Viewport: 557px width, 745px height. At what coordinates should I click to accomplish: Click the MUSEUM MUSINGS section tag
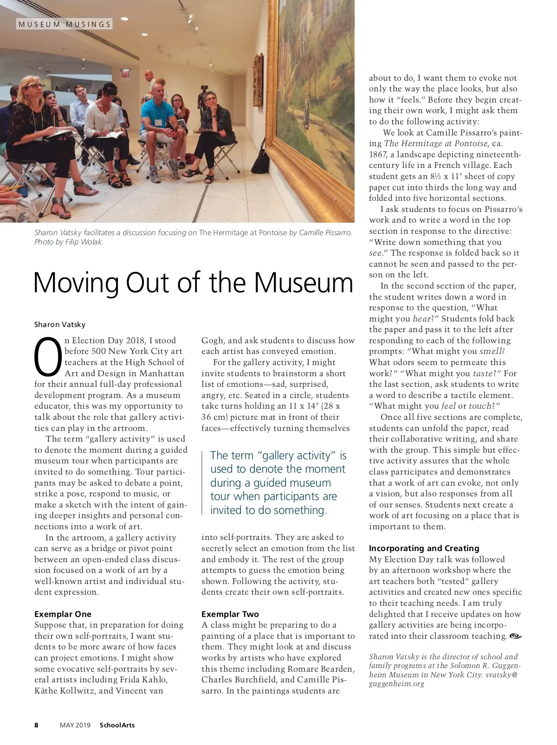65,24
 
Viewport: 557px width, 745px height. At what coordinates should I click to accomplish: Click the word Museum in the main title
304,283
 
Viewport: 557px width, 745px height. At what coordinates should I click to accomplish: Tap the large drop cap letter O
48,357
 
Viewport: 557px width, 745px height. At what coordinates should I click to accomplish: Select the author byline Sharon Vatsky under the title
60,324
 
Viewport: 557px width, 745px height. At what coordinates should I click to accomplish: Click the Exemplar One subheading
63,614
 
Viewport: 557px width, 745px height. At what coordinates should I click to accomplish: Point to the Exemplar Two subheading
230,614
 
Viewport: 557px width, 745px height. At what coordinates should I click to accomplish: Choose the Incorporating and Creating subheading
424,548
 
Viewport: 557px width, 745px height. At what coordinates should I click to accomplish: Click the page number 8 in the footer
37,725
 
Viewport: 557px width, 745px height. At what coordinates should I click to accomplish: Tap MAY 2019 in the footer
75,725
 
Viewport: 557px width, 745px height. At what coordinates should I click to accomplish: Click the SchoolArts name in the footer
117,725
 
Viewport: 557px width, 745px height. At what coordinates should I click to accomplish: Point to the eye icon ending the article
515,636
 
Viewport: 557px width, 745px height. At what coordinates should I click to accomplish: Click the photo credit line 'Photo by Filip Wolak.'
69,242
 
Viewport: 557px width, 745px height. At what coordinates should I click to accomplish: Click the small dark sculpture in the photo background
203,100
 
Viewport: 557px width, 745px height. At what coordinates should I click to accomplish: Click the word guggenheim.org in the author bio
396,683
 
